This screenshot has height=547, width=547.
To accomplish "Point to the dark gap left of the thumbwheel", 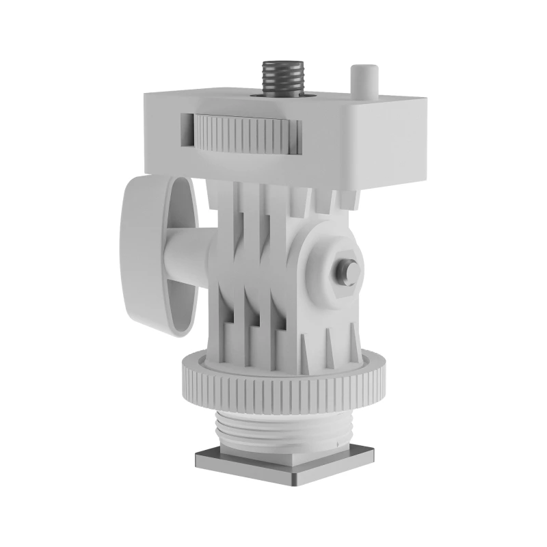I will point(187,130).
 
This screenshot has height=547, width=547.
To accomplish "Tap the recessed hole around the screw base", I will point(280,97).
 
